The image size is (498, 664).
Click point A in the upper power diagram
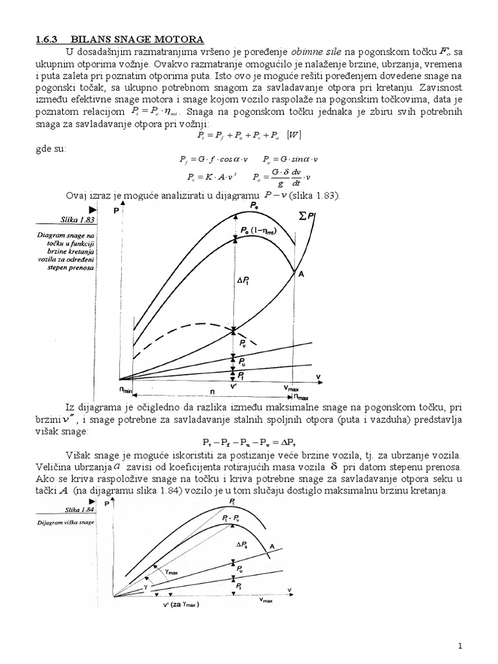tap(300, 274)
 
